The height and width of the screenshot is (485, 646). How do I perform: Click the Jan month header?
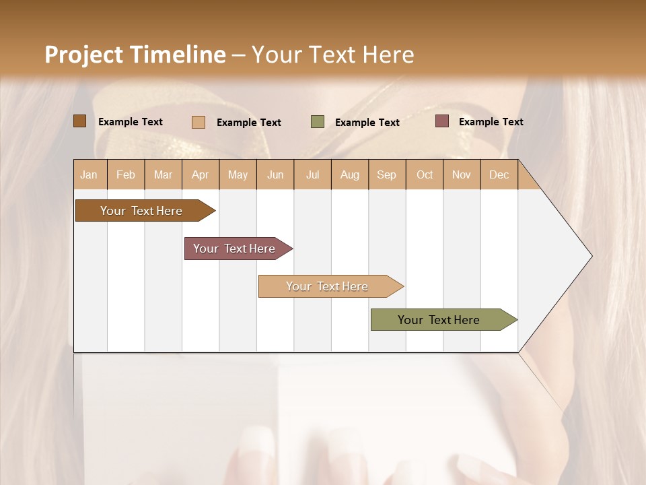pos(89,174)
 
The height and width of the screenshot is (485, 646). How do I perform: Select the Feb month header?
pos(126,174)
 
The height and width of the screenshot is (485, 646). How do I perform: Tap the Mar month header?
pos(163,174)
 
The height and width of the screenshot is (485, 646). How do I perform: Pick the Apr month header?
pos(201,174)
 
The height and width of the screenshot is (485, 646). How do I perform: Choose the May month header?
pos(238,174)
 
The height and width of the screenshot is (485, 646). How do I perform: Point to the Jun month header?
pos(275,174)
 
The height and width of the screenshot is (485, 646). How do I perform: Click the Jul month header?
pos(312,174)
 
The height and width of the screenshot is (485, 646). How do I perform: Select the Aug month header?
pos(350,174)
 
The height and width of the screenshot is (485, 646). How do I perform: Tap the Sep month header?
pos(387,174)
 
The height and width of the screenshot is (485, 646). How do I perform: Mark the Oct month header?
pos(425,174)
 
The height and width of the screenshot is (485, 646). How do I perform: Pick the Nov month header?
pos(462,174)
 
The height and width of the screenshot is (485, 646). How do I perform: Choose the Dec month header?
pos(499,174)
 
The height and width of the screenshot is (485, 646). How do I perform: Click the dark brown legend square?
pos(80,121)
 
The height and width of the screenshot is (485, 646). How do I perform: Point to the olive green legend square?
pos(318,122)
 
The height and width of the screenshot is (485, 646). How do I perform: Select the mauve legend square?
pos(441,121)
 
